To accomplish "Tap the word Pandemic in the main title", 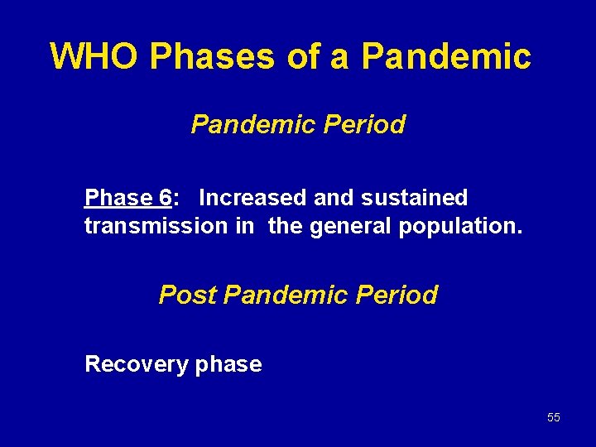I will click(446, 56).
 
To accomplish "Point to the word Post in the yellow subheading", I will click(188, 295).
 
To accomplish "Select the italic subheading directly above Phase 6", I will click(298, 124).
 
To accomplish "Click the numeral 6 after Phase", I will click(166, 198).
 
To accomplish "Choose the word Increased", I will click(253, 198).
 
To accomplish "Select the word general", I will click(352, 226).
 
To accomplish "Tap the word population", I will click(460, 226).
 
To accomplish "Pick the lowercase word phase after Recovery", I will click(228, 365).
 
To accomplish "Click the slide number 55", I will click(553, 417).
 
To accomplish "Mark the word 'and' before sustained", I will click(333, 198).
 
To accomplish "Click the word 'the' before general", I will click(286, 226).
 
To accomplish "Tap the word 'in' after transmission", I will click(244, 226).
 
